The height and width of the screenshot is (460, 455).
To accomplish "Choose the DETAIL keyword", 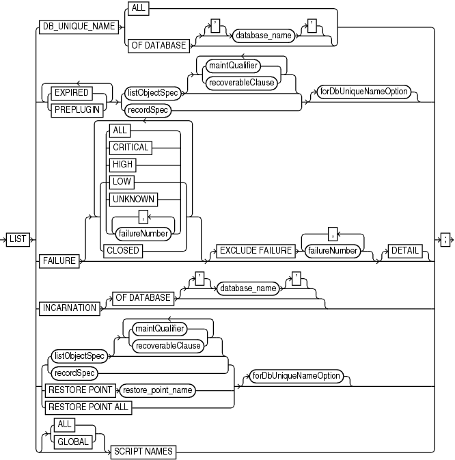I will click(405, 250).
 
